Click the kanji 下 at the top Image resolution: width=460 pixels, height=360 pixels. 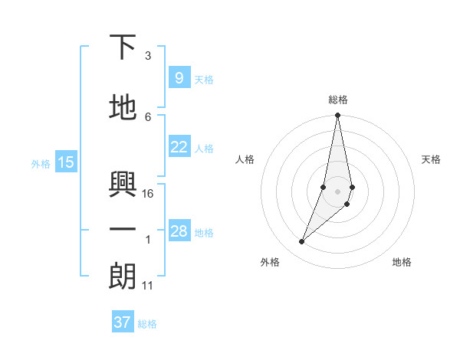pos(123,47)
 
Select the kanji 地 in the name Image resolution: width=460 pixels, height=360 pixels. pos(123,108)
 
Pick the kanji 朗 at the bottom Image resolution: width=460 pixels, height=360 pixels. pos(123,277)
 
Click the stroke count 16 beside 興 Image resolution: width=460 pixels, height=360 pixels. pos(149,193)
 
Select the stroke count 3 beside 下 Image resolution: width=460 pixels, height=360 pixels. pos(148,56)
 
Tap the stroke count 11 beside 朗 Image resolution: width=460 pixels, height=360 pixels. pos(148,286)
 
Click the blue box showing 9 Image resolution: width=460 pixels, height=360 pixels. pos(179,78)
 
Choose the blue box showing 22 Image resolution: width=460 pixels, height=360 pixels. pos(179,147)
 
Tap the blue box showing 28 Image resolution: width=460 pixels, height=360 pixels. pos(179,231)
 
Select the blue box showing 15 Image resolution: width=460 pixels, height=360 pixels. pos(66,162)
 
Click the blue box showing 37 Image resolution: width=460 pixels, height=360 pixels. pos(122,322)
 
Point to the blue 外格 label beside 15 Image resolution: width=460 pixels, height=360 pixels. pos(41,163)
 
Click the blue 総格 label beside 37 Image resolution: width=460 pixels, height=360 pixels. pos(147,324)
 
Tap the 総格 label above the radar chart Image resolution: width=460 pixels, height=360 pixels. pos(337,100)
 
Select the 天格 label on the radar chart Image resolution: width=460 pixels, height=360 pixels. pos(431,159)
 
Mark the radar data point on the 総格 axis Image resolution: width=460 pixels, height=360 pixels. pos(337,116)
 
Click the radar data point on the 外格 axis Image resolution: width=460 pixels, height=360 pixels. pos(301,242)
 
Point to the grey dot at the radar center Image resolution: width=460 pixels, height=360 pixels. pos(337,191)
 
